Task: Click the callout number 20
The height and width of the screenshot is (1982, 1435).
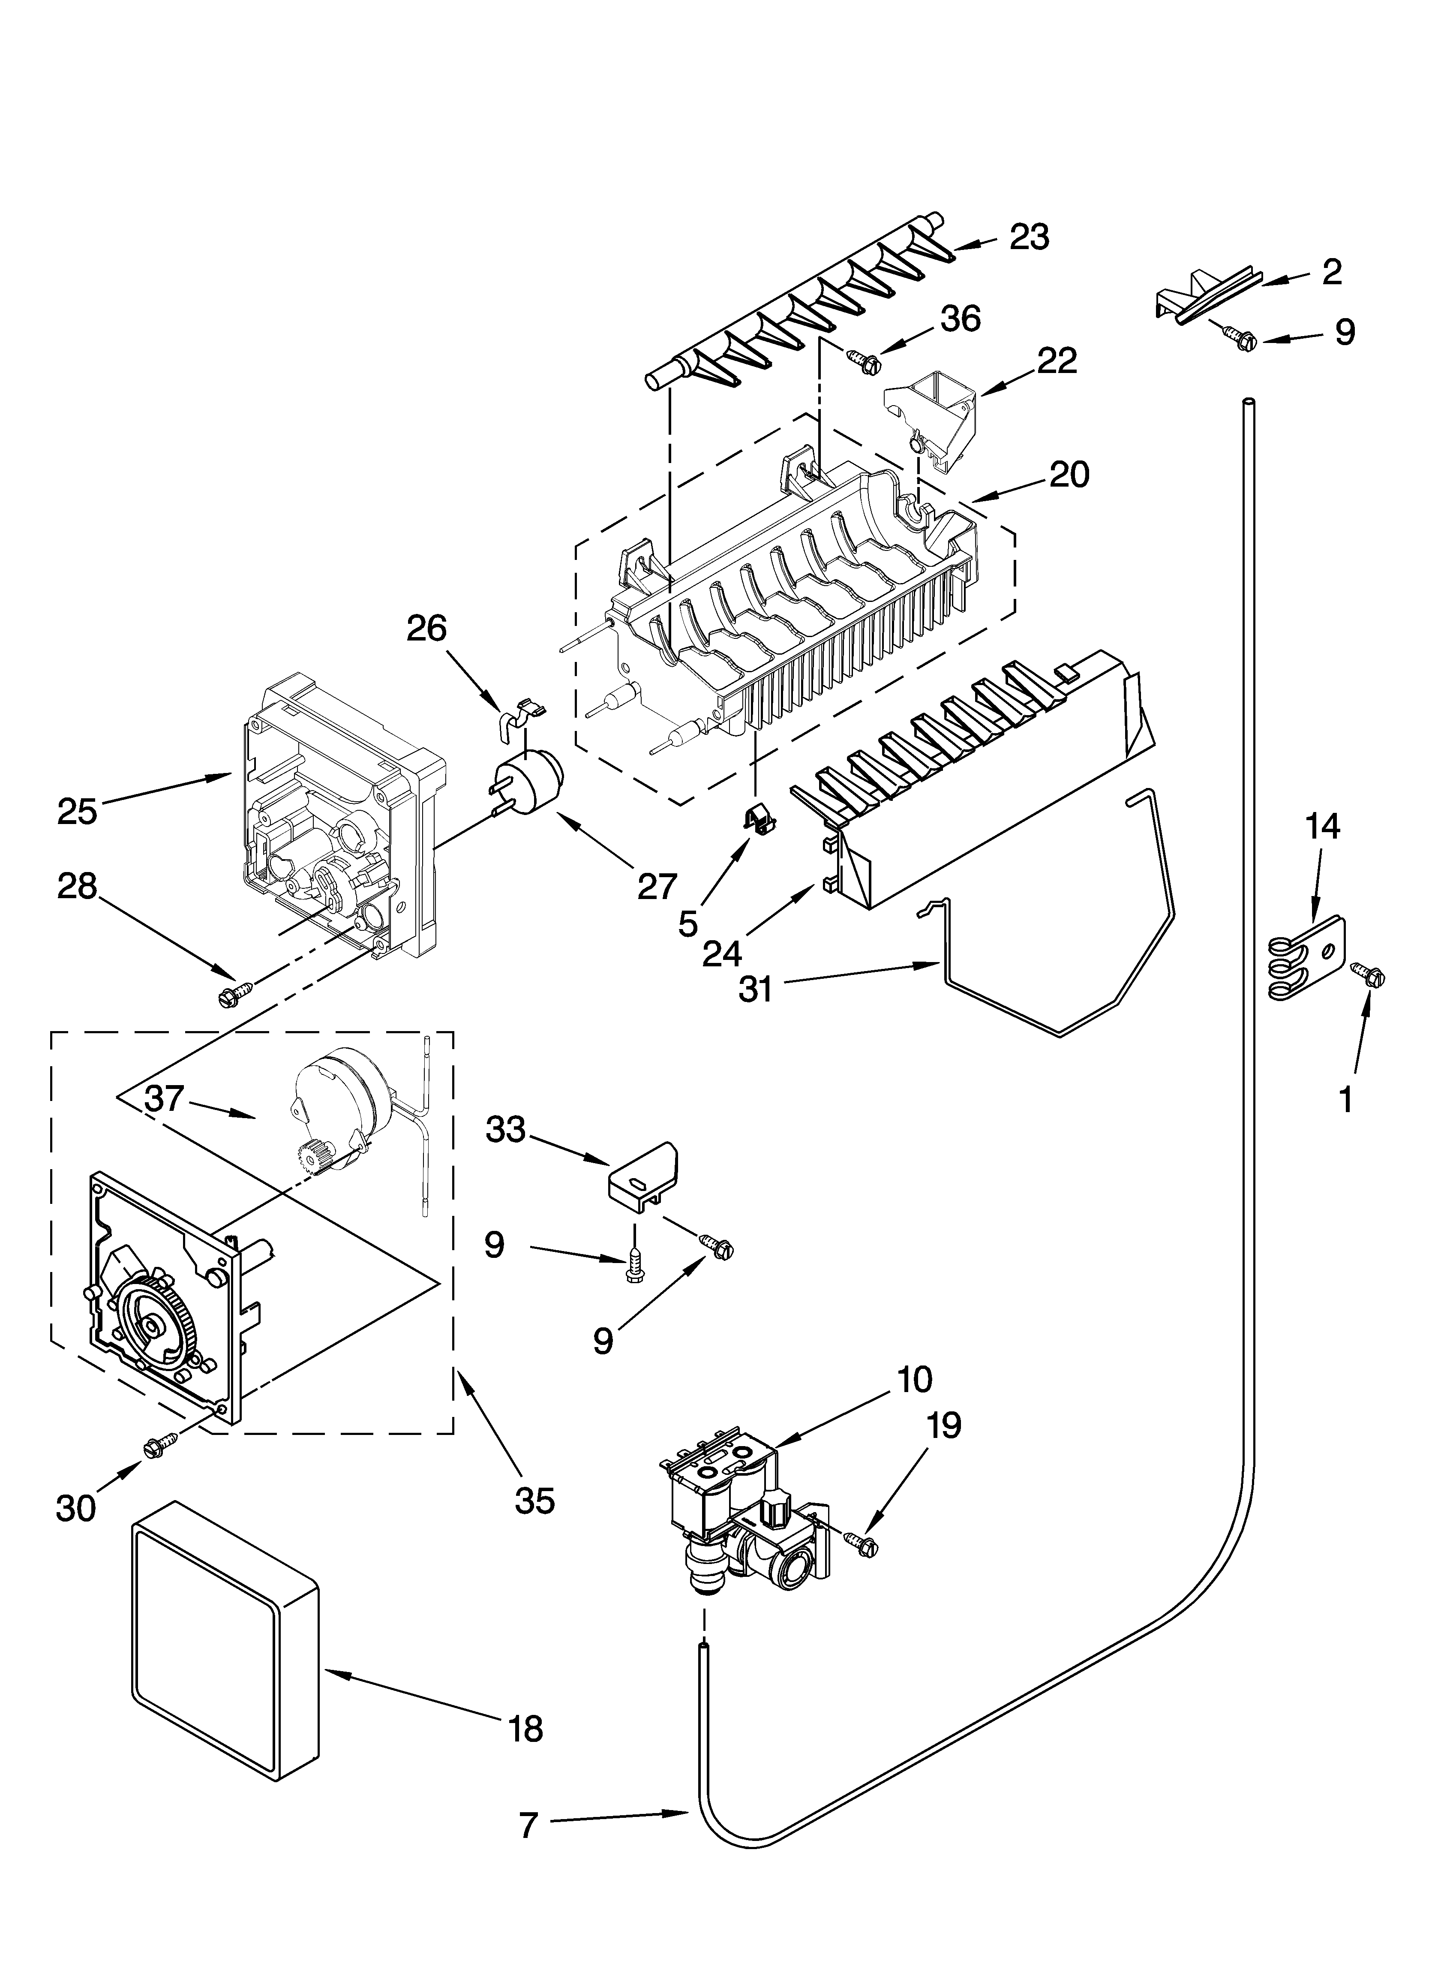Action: (x=1069, y=475)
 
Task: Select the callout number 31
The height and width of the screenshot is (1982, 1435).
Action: (x=755, y=989)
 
